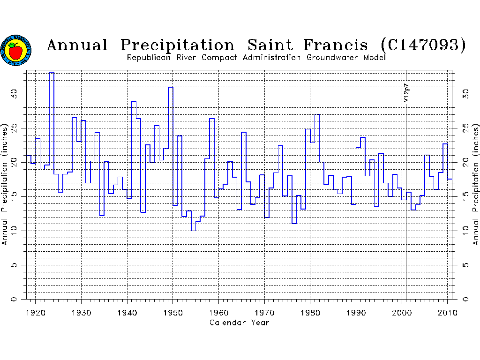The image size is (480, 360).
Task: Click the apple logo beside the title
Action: [x=16, y=50]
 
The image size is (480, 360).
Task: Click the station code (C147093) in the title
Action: [x=424, y=45]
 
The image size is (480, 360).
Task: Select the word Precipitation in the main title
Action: [x=177, y=45]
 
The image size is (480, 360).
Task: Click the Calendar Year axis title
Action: [x=239, y=322]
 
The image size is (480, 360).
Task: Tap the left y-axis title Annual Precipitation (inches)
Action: [x=5, y=184]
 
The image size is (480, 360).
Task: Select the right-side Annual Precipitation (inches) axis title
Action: [x=475, y=184]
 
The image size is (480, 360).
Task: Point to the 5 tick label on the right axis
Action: [x=465, y=265]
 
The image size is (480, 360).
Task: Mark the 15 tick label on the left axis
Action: [x=14, y=196]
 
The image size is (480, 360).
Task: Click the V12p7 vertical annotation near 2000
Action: [x=406, y=93]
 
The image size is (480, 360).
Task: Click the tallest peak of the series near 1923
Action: [x=52, y=73]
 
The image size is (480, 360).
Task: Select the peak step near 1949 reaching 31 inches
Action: [x=171, y=87]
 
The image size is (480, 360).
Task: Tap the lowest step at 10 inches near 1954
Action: [x=194, y=230]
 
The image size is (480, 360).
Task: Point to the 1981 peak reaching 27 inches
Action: [x=317, y=114]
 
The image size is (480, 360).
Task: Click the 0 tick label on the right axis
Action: [x=465, y=299]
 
